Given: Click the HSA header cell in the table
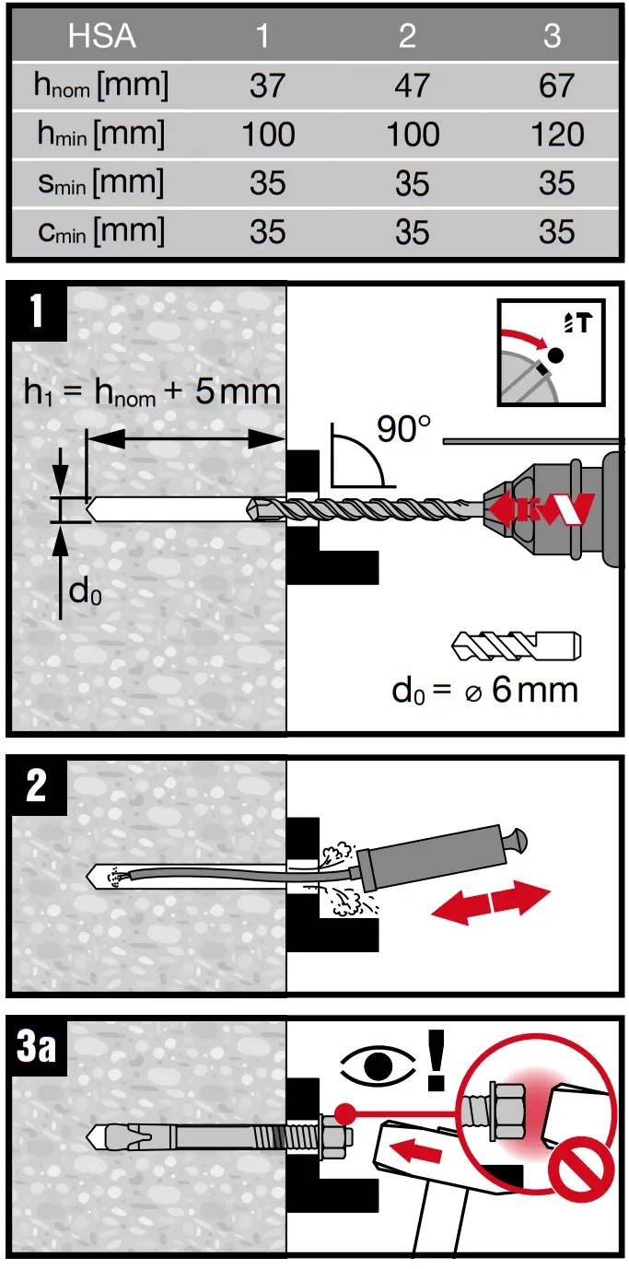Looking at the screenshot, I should click(101, 36).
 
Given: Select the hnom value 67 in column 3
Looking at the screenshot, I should click(557, 87).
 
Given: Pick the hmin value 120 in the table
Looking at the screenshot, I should click(557, 135).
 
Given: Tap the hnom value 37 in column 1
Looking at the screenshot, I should click(268, 87).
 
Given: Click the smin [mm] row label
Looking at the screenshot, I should click(101, 182).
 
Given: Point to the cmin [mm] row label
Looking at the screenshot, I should click(101, 230).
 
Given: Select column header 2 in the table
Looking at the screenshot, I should click(407, 36).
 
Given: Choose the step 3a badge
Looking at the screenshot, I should click(37, 1048).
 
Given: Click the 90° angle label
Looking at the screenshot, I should click(402, 428).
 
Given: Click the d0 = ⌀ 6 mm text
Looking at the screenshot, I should click(485, 689).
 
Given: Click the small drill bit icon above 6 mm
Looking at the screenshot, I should click(515, 646).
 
